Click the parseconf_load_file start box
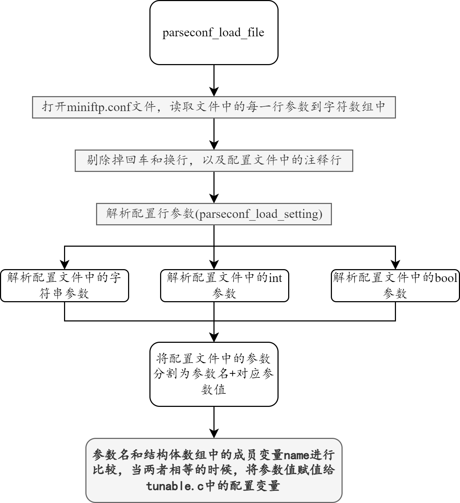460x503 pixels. (213, 33)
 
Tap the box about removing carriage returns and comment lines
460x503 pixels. (213, 161)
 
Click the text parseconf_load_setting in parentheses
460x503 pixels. (259, 214)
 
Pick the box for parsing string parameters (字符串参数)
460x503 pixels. (64, 285)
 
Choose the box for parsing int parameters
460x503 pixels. (224, 285)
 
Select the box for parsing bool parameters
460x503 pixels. (395, 285)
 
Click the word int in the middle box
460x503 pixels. (275, 278)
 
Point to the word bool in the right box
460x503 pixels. (446, 278)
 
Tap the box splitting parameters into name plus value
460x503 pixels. (213, 374)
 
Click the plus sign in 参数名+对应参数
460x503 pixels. (233, 374)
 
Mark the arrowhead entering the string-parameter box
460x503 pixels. (64, 264)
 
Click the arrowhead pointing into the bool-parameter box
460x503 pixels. (395, 264)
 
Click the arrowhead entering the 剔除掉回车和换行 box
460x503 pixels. (214, 145)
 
